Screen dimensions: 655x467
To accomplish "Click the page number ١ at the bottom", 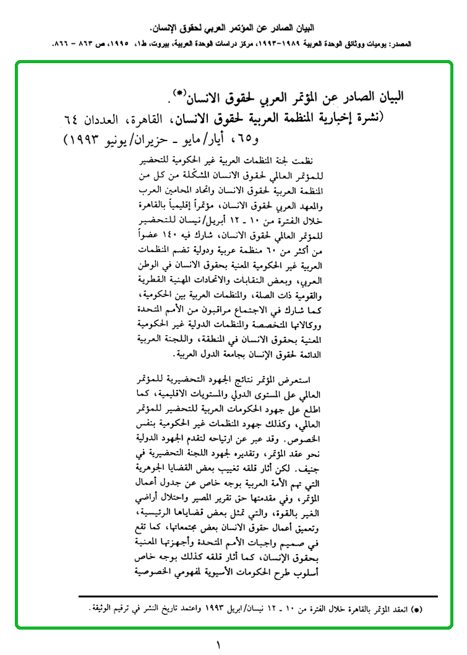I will tap(218, 644).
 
